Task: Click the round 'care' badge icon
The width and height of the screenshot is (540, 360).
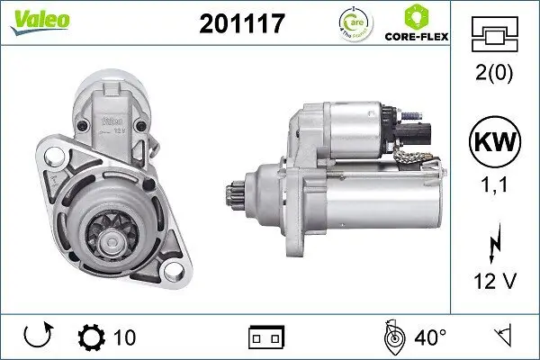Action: pyautogui.click(x=353, y=22)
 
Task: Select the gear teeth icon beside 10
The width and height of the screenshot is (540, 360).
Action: pyautogui.click(x=92, y=337)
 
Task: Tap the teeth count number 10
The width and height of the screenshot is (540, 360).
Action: pyautogui.click(x=125, y=337)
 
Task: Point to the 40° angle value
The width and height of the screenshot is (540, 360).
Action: pyautogui.click(x=430, y=337)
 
